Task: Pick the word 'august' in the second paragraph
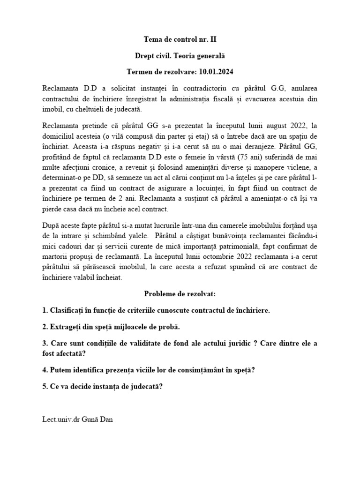pyautogui.click(x=270, y=125)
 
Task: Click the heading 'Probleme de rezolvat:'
pyautogui.click(x=180, y=294)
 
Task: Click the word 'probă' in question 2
pyautogui.click(x=168, y=327)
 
